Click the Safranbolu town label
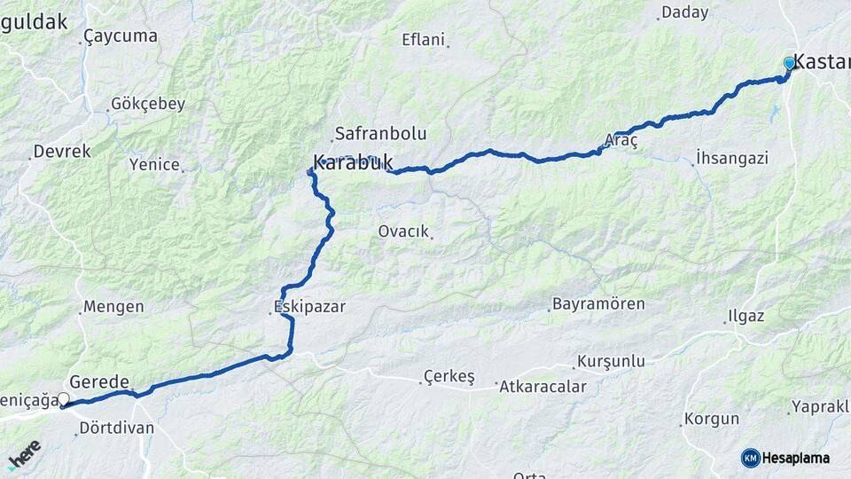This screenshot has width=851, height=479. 379,135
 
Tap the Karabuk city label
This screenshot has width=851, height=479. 353,163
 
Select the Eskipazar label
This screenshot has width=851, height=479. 308,306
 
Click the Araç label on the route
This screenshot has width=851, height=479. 621,141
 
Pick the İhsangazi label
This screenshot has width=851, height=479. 732,158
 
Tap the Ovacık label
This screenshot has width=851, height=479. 403,232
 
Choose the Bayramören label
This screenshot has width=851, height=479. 598,304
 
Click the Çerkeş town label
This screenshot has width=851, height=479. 449,376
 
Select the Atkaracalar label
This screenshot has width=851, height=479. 543,387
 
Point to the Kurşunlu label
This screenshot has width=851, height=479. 611,362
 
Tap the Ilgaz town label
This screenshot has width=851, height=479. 745,317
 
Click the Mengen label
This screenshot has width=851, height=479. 113,307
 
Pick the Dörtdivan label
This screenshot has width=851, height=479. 116,428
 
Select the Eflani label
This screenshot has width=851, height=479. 422,39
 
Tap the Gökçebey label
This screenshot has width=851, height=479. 148,104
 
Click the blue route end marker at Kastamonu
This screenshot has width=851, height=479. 789,64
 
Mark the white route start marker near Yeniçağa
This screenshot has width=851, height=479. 63,400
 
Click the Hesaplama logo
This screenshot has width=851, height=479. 785,458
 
